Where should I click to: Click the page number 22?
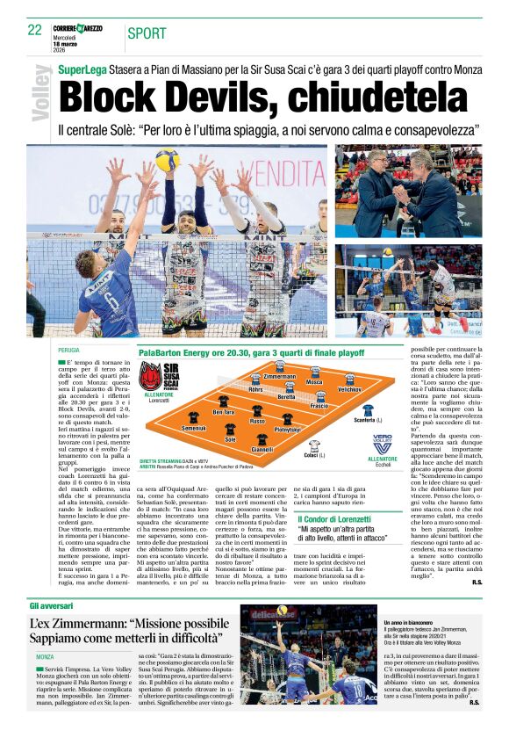tap(35, 30)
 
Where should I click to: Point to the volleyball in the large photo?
tap(166, 160)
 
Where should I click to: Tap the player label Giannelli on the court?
tap(262, 449)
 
